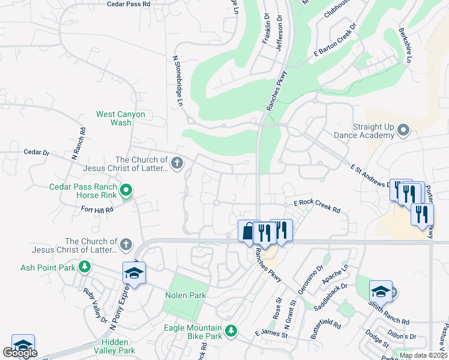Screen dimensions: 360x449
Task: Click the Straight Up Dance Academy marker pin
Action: [403, 129]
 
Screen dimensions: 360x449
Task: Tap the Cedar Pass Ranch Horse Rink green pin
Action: [126, 191]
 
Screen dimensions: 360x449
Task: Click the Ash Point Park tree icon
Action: [85, 266]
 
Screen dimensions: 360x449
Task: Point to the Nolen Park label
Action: [185, 295]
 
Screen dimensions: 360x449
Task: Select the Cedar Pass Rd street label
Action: [128, 4]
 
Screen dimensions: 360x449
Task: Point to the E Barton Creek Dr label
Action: [335, 40]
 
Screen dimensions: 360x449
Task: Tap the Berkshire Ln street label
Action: [405, 45]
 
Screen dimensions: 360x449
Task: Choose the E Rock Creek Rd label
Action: [317, 208]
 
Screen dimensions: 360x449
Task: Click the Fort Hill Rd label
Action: [97, 209]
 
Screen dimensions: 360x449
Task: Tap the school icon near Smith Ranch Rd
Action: [381, 291]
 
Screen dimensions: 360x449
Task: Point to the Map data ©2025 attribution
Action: [423, 355]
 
